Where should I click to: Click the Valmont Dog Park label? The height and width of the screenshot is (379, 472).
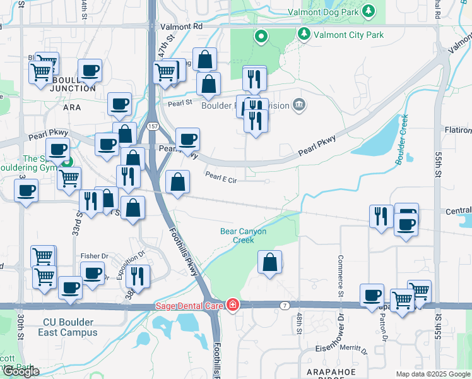tap(322, 12)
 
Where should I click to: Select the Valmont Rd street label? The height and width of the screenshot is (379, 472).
tap(181, 27)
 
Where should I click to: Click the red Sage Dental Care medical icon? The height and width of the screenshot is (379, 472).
tap(232, 305)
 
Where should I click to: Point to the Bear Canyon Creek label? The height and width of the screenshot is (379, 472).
tap(243, 236)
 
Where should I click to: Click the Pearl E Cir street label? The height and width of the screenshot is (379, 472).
tap(220, 180)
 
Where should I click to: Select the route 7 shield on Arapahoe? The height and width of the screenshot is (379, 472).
tap(285, 306)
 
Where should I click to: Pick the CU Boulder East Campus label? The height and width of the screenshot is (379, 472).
tap(68, 327)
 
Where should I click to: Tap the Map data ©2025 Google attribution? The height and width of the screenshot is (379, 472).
tap(432, 374)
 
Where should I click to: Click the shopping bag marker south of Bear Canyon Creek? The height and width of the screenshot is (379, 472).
tap(269, 263)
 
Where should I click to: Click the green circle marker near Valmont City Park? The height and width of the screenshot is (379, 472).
tap(261, 37)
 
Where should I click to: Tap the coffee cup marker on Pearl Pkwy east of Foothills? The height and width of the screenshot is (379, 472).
tap(187, 139)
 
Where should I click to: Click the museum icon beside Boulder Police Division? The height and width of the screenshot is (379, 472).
tap(299, 104)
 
